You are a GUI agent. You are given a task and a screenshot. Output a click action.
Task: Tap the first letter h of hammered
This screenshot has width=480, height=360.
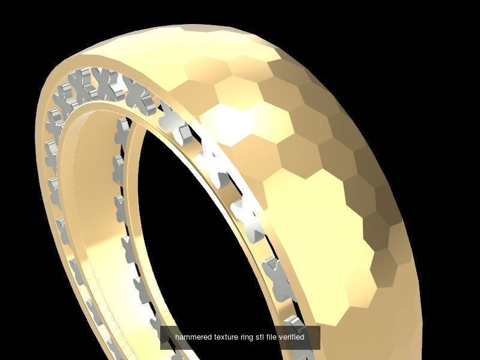(x=177, y=337)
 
